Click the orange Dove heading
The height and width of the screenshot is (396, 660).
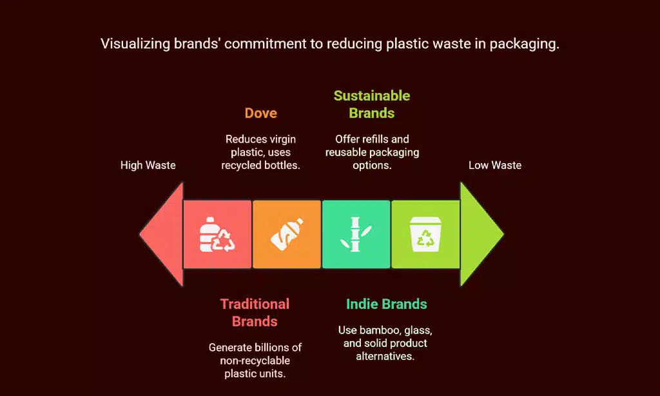[260, 113]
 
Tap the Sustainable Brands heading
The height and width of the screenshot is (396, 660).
[371, 104]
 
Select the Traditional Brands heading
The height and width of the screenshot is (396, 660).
[255, 312]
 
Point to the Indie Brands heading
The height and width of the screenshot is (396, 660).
[386, 304]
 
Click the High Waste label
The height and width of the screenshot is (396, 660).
[148, 165]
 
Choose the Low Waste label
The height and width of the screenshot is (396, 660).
[494, 165]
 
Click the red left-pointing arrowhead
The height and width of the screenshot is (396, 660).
[161, 233]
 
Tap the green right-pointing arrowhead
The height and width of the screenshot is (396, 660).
[480, 233]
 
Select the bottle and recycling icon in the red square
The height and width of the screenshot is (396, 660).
[217, 235]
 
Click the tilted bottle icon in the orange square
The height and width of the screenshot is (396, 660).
[286, 235]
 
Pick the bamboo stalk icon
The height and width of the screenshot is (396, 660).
[356, 235]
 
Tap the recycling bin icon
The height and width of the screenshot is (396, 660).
[425, 235]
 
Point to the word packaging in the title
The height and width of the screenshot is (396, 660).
[523, 45]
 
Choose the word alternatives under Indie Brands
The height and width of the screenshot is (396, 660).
[385, 356]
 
